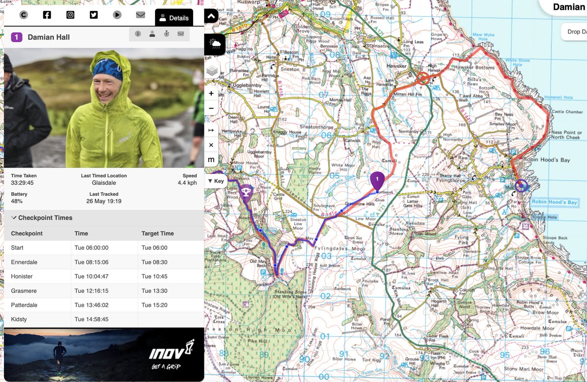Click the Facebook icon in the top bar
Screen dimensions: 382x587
click(x=47, y=15)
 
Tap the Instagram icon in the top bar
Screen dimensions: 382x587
click(x=70, y=15)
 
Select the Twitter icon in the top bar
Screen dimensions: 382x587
click(x=94, y=15)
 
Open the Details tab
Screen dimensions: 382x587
click(x=174, y=18)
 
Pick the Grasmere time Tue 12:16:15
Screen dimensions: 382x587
click(x=91, y=291)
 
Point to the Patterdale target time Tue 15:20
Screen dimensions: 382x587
click(x=155, y=305)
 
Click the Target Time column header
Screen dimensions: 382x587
click(x=158, y=234)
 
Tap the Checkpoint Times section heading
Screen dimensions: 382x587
click(x=45, y=218)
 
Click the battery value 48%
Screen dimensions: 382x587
click(x=18, y=201)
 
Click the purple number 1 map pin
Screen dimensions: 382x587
click(x=377, y=180)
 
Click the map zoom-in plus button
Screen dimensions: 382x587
click(x=211, y=94)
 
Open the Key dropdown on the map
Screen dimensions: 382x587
click(x=216, y=181)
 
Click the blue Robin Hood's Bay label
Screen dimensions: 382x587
click(x=555, y=202)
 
